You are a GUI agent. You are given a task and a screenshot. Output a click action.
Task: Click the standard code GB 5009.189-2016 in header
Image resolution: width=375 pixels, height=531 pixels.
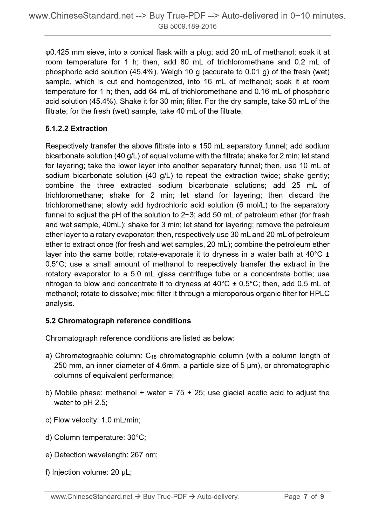(x=187, y=26)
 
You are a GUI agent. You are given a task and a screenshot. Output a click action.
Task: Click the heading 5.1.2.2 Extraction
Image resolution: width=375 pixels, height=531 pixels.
(x=76, y=129)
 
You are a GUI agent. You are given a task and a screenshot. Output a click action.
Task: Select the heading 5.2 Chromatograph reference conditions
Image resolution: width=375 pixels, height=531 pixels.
(x=118, y=321)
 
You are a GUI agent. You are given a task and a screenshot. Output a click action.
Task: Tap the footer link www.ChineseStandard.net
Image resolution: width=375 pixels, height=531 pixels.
(x=92, y=497)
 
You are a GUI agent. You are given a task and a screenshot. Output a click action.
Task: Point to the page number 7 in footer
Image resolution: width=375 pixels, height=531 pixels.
(x=306, y=497)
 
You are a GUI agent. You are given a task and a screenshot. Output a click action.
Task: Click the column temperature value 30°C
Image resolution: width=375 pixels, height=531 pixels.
(x=136, y=437)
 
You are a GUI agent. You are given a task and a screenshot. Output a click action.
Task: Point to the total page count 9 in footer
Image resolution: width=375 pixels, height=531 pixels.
(x=322, y=497)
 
